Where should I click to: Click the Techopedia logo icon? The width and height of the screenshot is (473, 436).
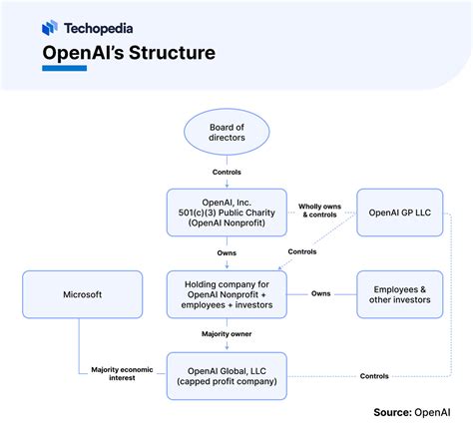(50, 28)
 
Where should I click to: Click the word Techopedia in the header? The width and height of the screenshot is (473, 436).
(99, 28)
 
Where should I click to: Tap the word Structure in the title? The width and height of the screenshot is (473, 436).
(172, 53)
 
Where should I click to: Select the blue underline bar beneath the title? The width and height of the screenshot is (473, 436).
(65, 68)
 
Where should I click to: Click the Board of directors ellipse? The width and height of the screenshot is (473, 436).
(227, 132)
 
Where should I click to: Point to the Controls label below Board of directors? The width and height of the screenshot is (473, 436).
(227, 172)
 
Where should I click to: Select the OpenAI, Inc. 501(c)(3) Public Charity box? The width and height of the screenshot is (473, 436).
(227, 213)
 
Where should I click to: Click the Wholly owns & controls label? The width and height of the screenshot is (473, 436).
(319, 211)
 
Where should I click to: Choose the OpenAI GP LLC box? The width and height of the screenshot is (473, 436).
(400, 213)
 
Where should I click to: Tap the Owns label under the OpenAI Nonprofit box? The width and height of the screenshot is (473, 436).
(227, 253)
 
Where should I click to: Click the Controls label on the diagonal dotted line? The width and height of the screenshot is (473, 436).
(302, 251)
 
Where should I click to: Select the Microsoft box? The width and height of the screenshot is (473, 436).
(83, 294)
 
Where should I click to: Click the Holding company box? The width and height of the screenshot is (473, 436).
(227, 294)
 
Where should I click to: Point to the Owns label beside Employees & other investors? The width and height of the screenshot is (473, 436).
(321, 293)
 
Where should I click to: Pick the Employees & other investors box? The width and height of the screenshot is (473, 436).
(400, 294)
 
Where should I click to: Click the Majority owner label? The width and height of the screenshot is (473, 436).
(227, 334)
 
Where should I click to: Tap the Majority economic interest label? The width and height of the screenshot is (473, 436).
(122, 373)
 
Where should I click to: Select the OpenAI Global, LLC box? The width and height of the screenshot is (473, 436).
(227, 376)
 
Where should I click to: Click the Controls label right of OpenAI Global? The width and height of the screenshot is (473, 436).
(374, 376)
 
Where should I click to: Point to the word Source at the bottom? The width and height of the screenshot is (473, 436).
(393, 412)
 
